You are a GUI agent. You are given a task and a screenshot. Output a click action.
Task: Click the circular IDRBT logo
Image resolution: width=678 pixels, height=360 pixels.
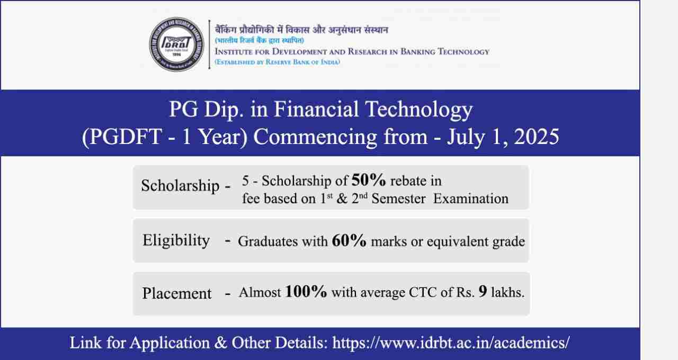[177, 44]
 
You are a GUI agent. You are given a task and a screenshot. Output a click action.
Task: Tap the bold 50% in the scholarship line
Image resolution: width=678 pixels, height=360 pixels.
[369, 180]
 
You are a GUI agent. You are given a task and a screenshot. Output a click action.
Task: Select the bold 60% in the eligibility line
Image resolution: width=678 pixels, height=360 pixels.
[349, 240]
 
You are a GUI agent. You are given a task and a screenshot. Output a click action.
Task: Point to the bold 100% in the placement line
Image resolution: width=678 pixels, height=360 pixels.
[306, 291]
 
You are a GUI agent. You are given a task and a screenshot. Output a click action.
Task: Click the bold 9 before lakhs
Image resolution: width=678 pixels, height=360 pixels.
[483, 291]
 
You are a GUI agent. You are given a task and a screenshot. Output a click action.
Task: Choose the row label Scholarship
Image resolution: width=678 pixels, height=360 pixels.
[180, 185]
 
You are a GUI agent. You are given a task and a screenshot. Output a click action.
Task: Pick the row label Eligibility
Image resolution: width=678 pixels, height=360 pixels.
[176, 241]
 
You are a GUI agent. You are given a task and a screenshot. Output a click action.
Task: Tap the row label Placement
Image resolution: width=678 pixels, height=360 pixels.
[177, 293]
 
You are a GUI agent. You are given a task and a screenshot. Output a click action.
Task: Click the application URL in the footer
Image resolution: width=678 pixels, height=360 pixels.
[451, 343]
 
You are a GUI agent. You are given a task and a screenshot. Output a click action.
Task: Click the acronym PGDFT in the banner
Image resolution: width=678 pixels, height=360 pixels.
[126, 137]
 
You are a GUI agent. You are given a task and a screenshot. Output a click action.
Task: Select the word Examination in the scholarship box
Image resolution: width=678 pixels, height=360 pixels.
[471, 199]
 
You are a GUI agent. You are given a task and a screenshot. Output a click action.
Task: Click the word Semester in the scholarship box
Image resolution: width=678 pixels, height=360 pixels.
[398, 199]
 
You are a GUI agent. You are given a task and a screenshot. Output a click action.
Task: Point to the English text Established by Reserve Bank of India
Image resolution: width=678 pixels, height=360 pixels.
[277, 62]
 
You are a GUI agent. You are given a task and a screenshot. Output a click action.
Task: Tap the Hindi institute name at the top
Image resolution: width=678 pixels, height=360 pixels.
[301, 30]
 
